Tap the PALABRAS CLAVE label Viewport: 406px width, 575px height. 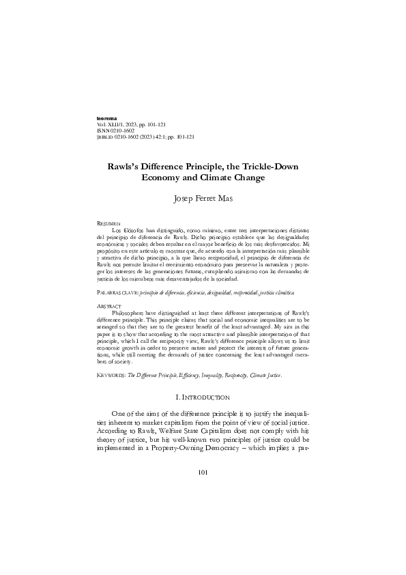(x=119, y=292)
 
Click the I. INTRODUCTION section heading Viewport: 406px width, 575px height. (x=203, y=397)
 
